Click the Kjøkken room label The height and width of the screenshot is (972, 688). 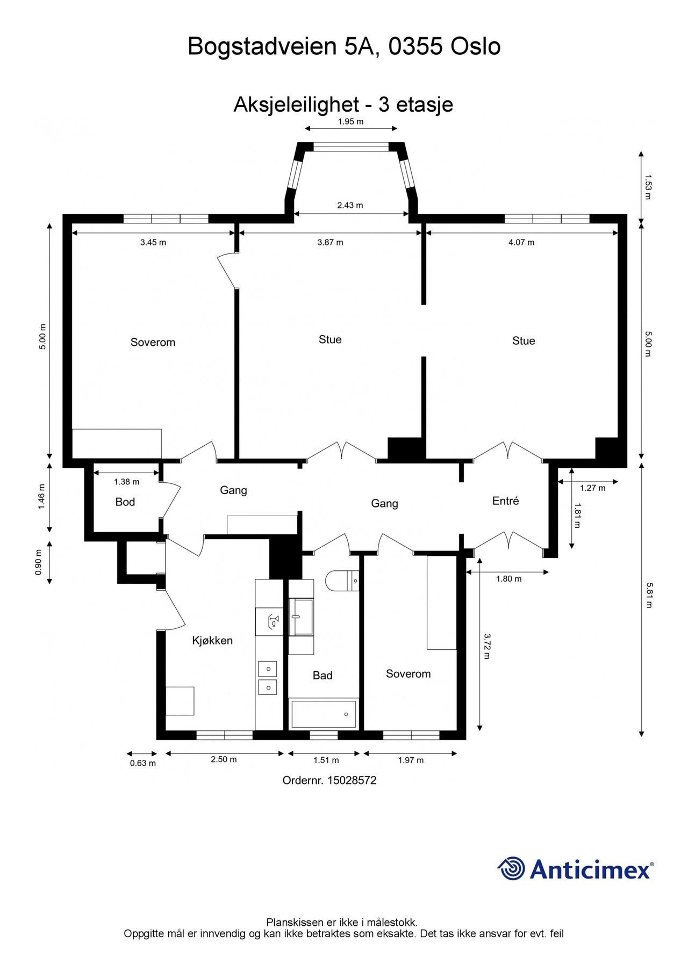point(212,640)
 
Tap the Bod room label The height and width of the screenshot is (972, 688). point(125,502)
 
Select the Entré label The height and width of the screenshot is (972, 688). point(505,500)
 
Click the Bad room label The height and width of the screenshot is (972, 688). point(322,675)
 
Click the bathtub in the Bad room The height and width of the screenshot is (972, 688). point(324,714)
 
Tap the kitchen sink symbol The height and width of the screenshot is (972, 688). point(274,622)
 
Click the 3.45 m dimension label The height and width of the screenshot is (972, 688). point(153,242)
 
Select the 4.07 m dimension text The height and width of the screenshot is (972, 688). point(521,242)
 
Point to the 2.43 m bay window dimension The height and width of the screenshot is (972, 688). point(350,205)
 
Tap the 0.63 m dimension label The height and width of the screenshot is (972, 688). point(143,763)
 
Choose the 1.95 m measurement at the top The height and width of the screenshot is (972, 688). point(350,121)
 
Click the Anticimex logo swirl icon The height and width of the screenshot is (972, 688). point(511,868)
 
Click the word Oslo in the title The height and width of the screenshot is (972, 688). point(475,47)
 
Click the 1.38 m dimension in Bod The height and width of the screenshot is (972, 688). point(126,482)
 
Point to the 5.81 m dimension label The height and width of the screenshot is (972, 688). point(649,595)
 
